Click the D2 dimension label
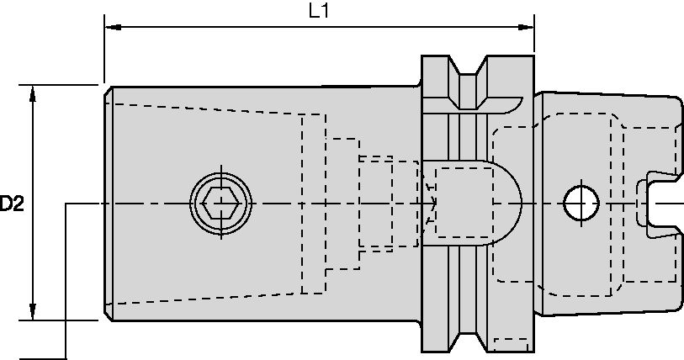(11, 203)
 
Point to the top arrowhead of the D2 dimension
(33, 92)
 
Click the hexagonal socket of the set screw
(222, 203)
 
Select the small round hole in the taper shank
(580, 202)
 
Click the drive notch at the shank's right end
(656, 202)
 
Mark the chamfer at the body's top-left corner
(108, 89)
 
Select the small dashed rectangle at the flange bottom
(512, 344)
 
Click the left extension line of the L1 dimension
(103, 50)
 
